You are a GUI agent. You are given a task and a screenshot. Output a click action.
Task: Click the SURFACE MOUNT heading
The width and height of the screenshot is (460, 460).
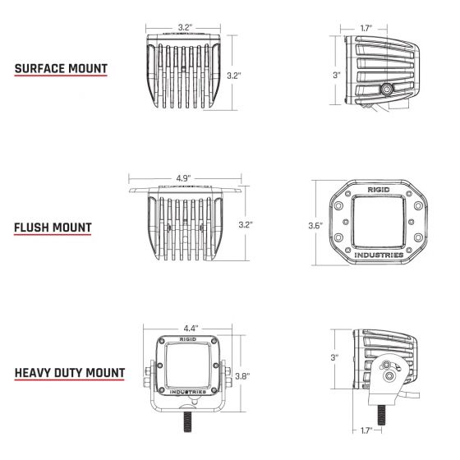pos(60,68)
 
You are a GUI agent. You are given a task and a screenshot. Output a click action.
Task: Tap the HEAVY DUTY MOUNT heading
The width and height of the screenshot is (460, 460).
pos(70,373)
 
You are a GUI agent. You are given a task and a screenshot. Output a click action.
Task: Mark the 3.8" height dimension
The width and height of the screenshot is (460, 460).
pos(243,376)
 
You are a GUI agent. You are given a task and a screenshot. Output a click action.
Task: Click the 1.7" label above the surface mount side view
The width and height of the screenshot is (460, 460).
pos(368,27)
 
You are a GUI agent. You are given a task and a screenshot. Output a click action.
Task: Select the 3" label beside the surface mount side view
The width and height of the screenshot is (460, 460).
pos(336,76)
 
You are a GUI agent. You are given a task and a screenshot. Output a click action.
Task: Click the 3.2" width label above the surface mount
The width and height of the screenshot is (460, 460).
pos(185,27)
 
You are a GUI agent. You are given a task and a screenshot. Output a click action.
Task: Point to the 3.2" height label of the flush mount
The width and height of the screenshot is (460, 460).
pos(244,224)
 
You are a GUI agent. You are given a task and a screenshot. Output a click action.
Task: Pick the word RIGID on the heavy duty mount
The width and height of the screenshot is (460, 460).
pos(187,338)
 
